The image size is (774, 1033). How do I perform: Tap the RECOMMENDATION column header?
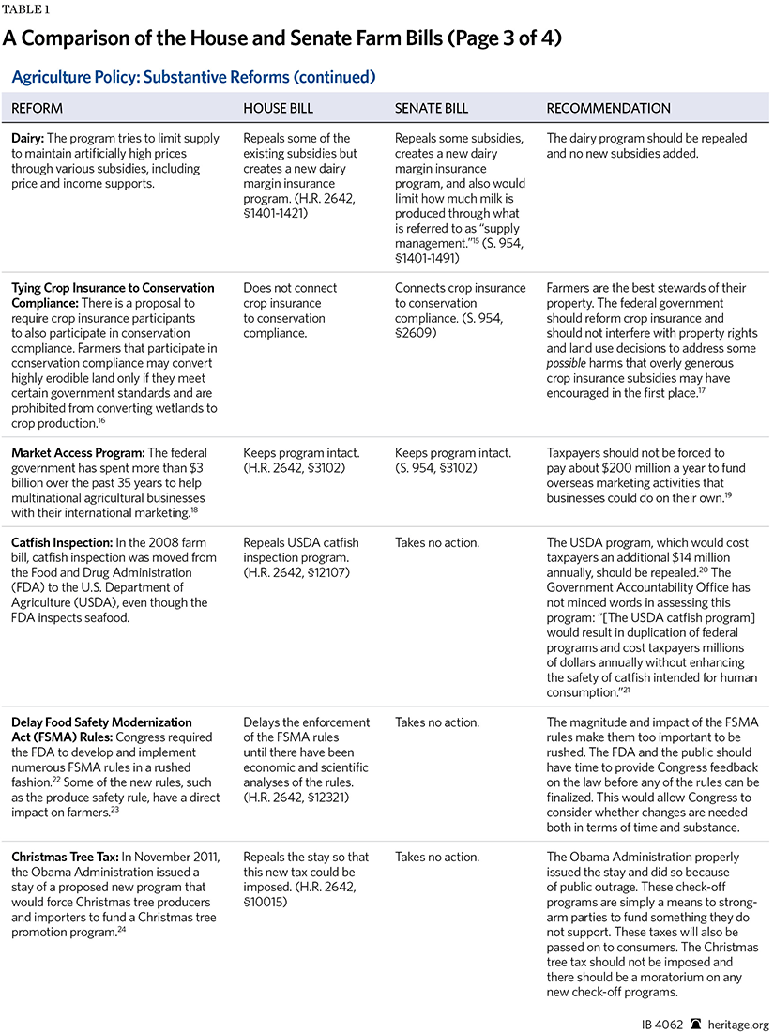pyautogui.click(x=609, y=109)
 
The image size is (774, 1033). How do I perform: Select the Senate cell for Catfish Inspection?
pyautogui.click(x=437, y=543)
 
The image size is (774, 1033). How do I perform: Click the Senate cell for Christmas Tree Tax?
pyautogui.click(x=437, y=858)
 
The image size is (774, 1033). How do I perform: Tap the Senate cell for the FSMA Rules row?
pyautogui.click(x=437, y=723)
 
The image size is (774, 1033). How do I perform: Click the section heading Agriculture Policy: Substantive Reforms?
pyautogui.click(x=193, y=77)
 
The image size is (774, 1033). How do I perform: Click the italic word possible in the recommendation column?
pyautogui.click(x=567, y=363)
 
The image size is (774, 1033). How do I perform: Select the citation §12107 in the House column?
pyautogui.click(x=321, y=573)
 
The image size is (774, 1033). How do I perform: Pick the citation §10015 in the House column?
pyautogui.click(x=268, y=903)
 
